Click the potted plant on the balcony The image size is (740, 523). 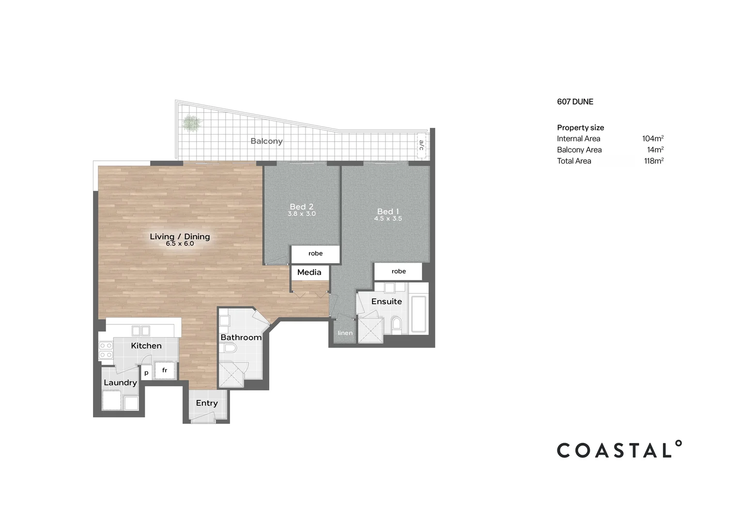pos(192,123)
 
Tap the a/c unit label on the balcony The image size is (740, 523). pos(421,145)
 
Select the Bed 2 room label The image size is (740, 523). pos(301,207)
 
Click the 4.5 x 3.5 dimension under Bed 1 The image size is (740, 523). pos(387,219)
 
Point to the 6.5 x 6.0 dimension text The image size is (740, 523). pos(180,244)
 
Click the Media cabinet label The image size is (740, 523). pos(309,272)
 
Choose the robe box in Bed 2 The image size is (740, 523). pos(315,253)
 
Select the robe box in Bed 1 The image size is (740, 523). pos(399,271)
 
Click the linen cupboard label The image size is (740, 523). pos(345,333)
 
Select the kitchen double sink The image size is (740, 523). pos(141,331)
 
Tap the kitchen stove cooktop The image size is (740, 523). pos(106,351)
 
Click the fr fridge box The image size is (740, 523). pos(165,370)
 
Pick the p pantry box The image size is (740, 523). pos(146,373)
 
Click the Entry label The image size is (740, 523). pos(207,403)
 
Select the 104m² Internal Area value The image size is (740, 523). pos(652,138)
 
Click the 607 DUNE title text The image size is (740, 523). pos(575,102)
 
